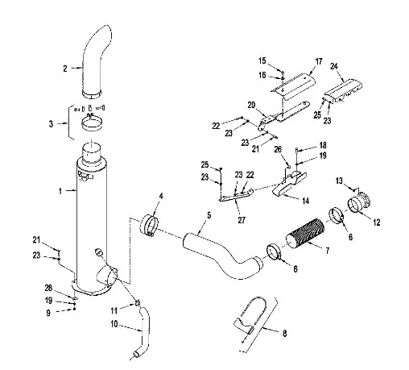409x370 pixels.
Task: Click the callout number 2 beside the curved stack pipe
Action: [x=65, y=69]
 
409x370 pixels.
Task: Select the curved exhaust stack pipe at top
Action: [x=94, y=62]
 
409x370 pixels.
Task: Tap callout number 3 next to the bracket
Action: [x=51, y=124]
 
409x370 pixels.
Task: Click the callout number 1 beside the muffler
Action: [x=60, y=191]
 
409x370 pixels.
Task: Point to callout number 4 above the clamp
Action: [x=161, y=196]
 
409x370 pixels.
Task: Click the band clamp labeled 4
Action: [x=149, y=226]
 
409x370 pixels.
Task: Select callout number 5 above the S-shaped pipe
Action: [x=209, y=215]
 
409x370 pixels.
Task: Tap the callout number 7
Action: [x=327, y=251]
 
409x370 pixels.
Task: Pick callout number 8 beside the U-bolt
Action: [x=284, y=334]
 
